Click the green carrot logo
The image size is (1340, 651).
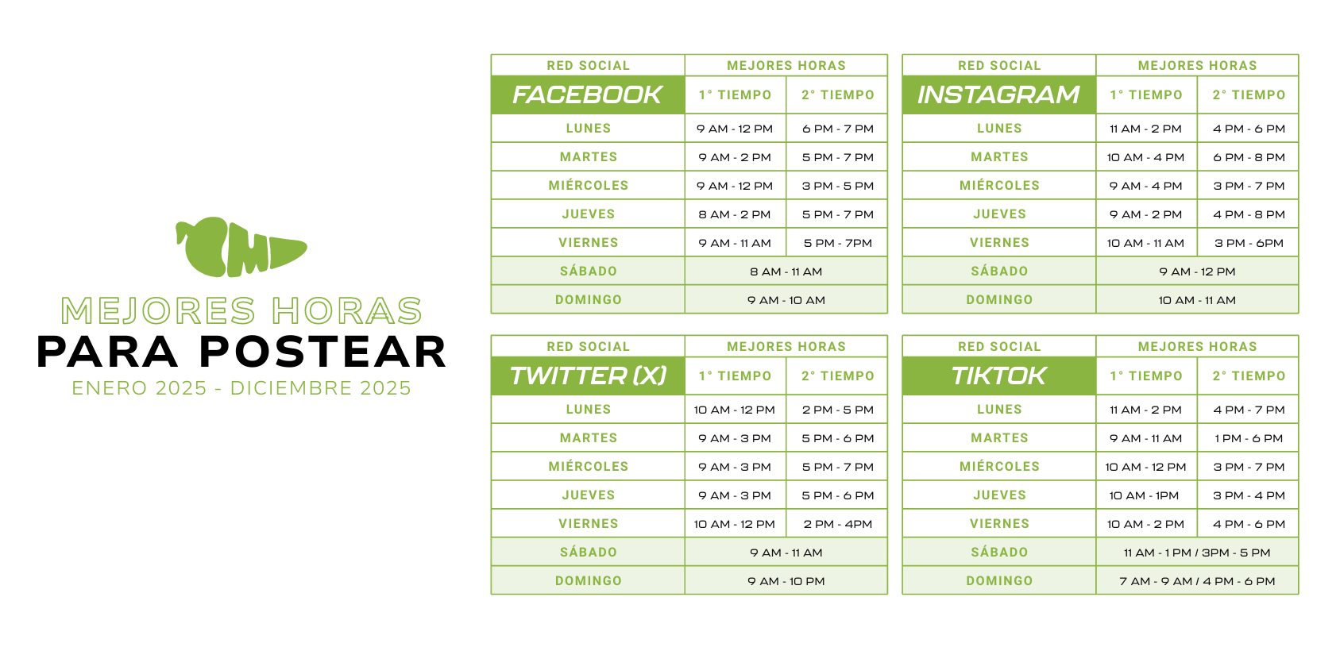pos(241,247)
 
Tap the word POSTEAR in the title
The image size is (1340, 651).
pos(323,352)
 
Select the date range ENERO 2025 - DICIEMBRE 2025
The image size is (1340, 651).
pos(241,388)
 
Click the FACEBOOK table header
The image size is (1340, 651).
pos(588,94)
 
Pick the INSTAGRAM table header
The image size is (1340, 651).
pos(998,94)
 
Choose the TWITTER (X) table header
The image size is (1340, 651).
pos(588,376)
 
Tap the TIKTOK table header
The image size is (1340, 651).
pos(998,376)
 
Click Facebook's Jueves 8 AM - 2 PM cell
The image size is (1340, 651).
pos(735,214)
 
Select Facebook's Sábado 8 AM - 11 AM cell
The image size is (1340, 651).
pos(786,272)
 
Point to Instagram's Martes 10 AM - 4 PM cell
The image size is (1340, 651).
pos(1145,157)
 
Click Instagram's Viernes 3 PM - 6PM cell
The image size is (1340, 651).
pos(1249,243)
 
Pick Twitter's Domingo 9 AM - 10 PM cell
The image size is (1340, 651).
pos(786,581)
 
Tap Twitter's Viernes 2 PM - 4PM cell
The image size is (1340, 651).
pos(837,524)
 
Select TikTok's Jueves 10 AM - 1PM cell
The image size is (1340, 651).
pos(1144,495)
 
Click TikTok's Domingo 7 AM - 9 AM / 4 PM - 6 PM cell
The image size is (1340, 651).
pos(1197,581)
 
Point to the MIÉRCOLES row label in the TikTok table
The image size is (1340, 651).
pos(999,466)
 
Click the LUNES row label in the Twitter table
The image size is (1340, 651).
pos(589,410)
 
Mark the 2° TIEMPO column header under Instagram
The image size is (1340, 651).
pos(1249,94)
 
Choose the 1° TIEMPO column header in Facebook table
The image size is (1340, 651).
pos(736,94)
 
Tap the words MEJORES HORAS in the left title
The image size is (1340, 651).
pos(241,311)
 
